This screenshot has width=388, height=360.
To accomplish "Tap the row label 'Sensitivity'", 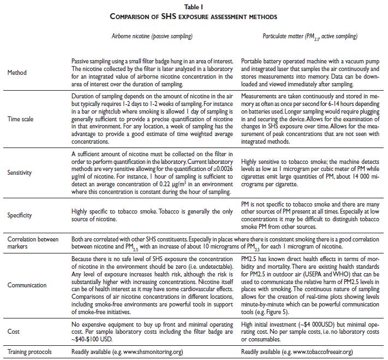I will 20,173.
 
